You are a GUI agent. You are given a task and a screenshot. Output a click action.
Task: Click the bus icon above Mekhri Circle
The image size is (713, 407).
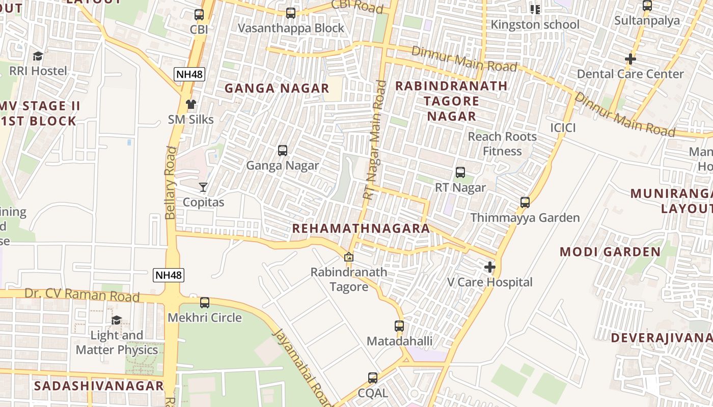(x=205, y=303)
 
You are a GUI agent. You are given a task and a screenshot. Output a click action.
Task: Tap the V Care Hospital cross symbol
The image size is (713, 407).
(x=490, y=267)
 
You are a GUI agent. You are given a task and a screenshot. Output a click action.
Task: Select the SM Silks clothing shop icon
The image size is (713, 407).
(x=191, y=104)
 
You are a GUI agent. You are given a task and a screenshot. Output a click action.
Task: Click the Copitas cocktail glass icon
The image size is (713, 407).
(x=203, y=187)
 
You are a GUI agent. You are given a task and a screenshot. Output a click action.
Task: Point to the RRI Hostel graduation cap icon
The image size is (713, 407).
(x=38, y=55)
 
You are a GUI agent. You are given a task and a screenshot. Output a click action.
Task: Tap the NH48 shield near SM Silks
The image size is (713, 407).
(x=189, y=74)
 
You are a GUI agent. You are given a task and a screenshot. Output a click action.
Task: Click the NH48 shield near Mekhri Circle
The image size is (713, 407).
(x=169, y=275)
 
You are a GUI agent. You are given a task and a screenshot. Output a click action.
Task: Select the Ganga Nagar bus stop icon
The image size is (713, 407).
(x=283, y=151)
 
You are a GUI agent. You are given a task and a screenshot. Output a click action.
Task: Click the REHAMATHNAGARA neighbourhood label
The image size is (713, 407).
(x=361, y=228)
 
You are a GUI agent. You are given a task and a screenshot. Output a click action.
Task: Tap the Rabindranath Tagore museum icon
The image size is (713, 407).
(x=349, y=257)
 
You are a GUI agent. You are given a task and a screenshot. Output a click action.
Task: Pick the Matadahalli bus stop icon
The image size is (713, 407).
(x=399, y=326)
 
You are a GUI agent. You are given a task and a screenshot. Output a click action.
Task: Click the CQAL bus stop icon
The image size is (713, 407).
(x=373, y=378)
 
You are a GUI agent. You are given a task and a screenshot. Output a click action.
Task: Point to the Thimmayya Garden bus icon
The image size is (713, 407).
(x=525, y=202)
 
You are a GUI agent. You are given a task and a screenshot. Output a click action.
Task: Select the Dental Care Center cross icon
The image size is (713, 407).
(x=630, y=59)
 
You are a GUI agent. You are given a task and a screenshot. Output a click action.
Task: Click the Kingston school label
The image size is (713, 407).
(x=535, y=24)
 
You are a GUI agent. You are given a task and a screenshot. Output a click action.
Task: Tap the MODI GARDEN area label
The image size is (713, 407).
(x=610, y=252)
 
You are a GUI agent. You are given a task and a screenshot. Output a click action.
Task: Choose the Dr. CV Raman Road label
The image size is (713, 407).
(x=82, y=295)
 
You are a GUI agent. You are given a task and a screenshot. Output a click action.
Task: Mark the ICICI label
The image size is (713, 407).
(x=563, y=128)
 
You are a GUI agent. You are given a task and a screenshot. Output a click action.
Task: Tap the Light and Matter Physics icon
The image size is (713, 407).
(x=117, y=320)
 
